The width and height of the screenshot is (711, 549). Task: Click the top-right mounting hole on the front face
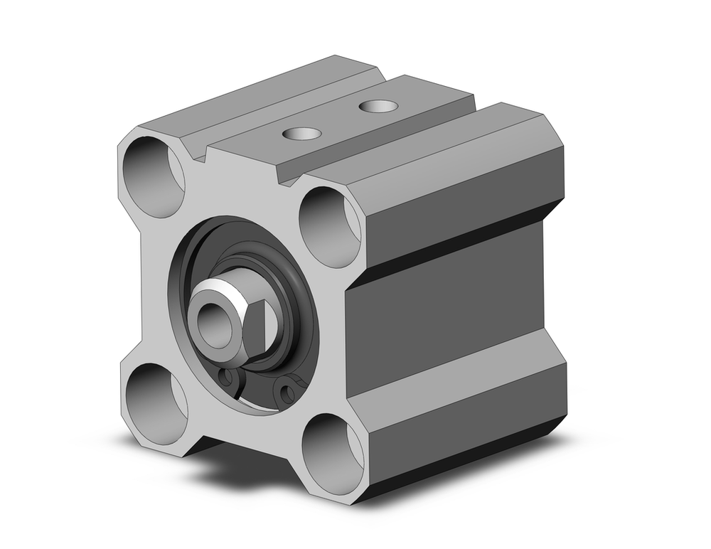click(329, 227)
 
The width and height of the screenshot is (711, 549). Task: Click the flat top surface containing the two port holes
click(341, 121)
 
